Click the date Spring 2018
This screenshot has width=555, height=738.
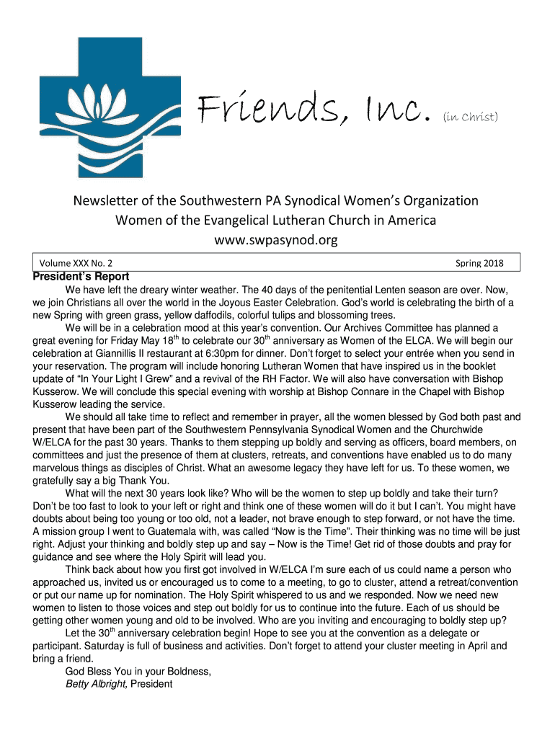coord(479,263)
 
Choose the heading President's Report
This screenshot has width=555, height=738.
coord(81,277)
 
